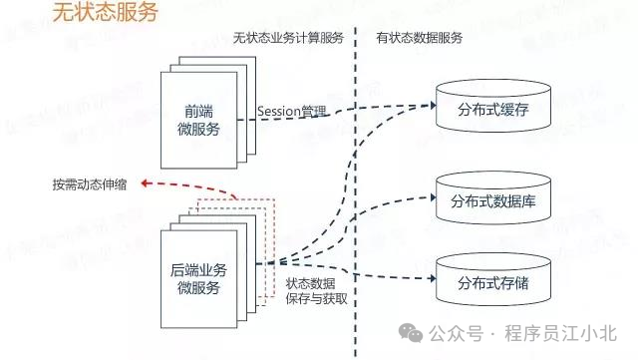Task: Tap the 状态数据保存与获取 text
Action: (316, 291)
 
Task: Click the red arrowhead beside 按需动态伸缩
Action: (146, 183)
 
